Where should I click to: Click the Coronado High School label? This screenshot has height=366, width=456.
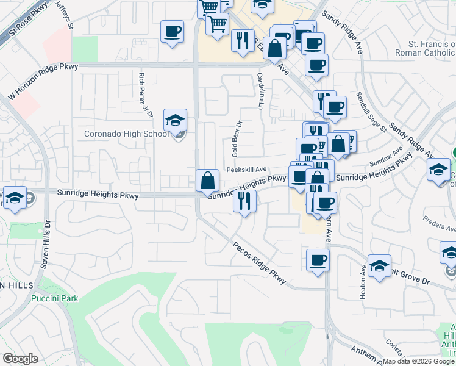[126, 134]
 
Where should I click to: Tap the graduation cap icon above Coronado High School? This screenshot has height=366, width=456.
[175, 120]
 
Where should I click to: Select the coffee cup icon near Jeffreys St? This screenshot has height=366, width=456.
[172, 31]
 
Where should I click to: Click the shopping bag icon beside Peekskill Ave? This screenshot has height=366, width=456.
[208, 180]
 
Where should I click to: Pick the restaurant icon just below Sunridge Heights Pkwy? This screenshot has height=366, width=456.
[244, 201]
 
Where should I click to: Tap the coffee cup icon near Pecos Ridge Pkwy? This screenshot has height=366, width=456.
[317, 260]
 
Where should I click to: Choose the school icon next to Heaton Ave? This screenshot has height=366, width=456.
[379, 266]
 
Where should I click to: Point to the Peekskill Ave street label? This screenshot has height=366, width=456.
[247, 170]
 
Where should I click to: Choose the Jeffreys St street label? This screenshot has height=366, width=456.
[64, 13]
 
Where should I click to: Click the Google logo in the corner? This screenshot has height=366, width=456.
[21, 359]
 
